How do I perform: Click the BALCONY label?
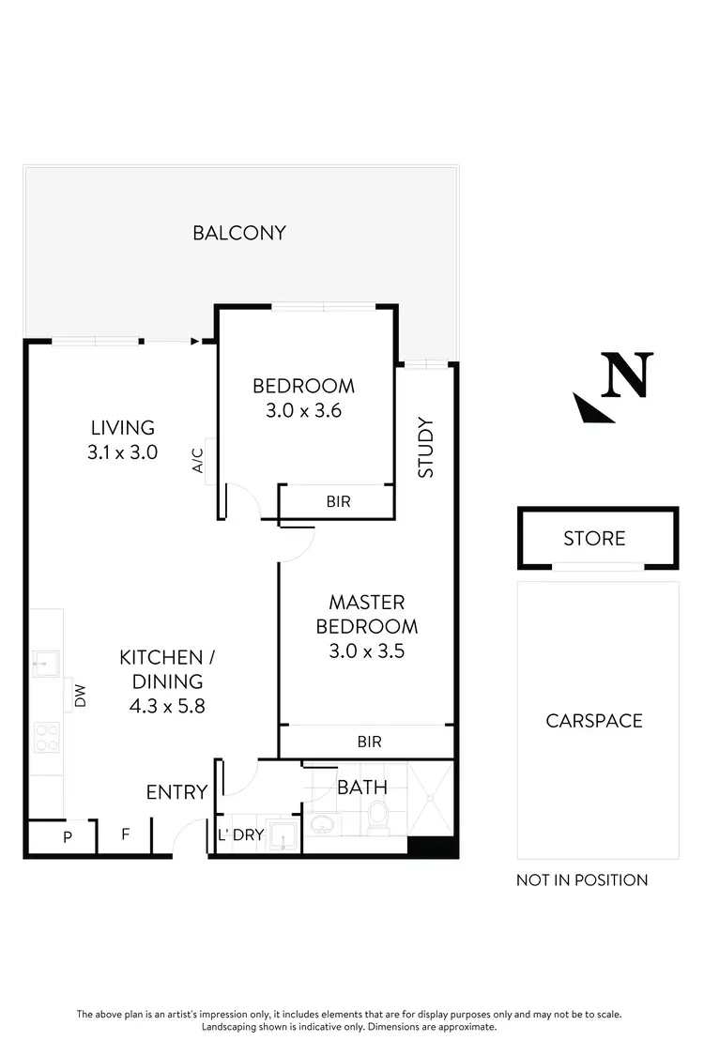(x=239, y=233)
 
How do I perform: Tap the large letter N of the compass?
(x=628, y=375)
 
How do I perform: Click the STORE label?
(x=594, y=539)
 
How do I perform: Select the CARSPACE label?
(x=594, y=721)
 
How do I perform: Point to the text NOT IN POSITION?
(x=582, y=880)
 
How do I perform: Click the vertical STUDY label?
(x=426, y=448)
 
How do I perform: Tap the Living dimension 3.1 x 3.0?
(x=122, y=451)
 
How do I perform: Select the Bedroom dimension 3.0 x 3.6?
(x=304, y=409)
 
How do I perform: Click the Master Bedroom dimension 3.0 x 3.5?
(x=367, y=650)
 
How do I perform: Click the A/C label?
(x=198, y=460)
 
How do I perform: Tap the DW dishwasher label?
(x=81, y=696)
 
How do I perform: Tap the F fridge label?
(x=126, y=834)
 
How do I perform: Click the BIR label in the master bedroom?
(x=370, y=742)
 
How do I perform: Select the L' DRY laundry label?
(x=240, y=835)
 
